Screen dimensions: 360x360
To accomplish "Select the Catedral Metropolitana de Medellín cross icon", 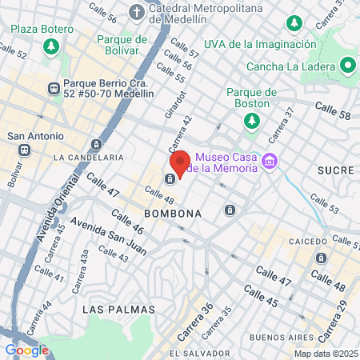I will (x=137, y=12).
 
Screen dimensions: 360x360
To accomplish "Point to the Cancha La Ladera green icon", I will (x=349, y=65).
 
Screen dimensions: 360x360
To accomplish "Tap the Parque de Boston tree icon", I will (x=252, y=120).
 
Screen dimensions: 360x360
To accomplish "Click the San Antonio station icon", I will (x=25, y=150).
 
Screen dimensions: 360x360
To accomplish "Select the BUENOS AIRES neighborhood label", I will (x=278, y=338).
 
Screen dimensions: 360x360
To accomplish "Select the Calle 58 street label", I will (x=332, y=115).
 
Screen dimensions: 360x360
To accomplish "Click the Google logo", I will (x=26, y=350).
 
